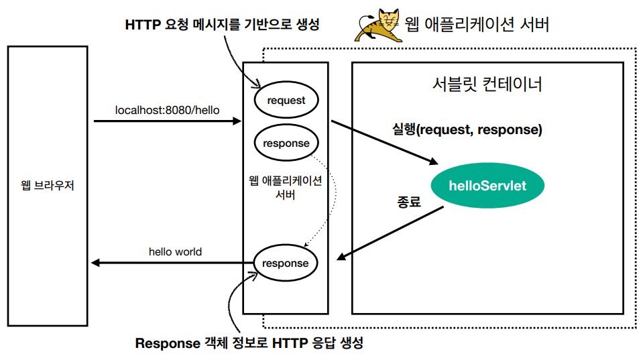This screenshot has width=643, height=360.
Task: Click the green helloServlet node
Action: click(487, 186)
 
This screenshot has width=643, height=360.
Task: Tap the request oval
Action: click(286, 101)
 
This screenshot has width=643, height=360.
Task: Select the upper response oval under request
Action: click(286, 143)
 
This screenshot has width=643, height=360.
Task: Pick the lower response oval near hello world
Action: click(286, 263)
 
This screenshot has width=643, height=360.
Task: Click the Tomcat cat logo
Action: click(379, 25)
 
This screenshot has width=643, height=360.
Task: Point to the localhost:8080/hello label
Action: click(168, 109)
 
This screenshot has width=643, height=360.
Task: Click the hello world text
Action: click(175, 252)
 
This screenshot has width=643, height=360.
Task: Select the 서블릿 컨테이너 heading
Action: click(487, 85)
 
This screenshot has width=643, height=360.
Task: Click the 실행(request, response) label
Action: click(467, 130)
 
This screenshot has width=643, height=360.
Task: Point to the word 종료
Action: click(409, 201)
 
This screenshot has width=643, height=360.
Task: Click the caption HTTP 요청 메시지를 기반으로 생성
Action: click(222, 25)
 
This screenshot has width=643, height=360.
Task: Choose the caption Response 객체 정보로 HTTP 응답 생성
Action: click(249, 343)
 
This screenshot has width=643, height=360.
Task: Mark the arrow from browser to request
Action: click(168, 121)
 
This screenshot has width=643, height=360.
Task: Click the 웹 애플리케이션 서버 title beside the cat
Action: click(477, 25)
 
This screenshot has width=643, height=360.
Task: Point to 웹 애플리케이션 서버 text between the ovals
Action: click(286, 188)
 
